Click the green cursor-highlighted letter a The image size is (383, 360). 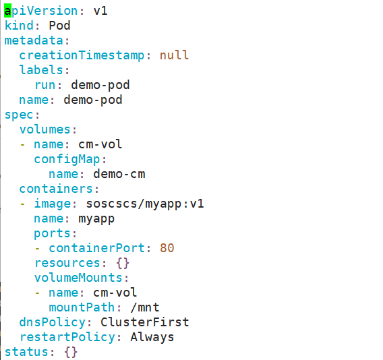8,11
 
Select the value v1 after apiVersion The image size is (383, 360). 100,11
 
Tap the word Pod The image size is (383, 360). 59,26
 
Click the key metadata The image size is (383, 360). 34,40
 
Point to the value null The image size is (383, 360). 174,55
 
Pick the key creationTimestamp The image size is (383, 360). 82,55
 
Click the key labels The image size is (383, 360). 41,70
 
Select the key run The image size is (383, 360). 45,85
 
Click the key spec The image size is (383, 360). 19,115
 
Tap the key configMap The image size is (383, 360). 67,160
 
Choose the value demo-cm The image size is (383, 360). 119,174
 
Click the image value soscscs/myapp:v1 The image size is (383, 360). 145,204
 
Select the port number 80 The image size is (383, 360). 167,248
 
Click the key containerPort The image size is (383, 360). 96,248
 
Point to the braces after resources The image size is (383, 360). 123,263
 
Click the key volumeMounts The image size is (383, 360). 78,278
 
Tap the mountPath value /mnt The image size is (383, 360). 145,307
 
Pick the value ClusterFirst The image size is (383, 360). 145,322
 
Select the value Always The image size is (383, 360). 152,337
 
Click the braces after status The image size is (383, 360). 71,352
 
